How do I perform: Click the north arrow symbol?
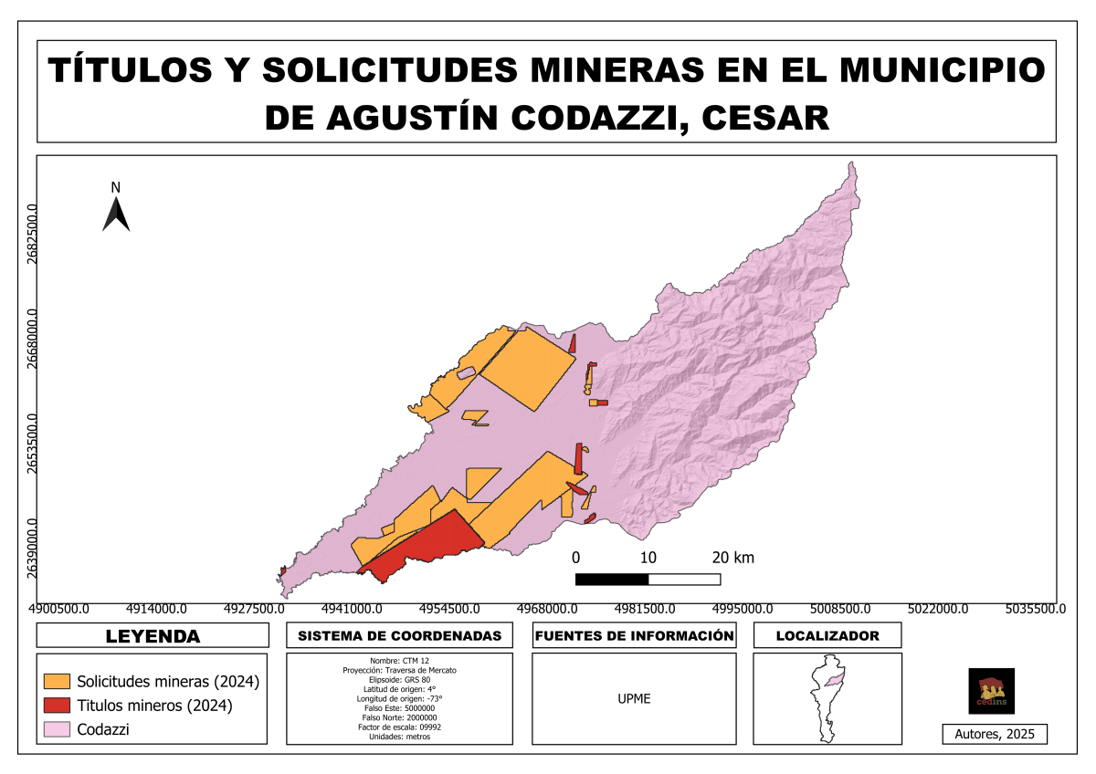coord(116,213)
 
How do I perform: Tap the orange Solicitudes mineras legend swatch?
coord(58,682)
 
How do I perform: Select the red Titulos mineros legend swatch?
coord(58,706)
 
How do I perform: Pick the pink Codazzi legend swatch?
coord(58,729)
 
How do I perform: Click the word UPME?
coord(634,699)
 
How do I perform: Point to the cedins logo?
coord(991,691)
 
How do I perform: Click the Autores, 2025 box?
coord(995,734)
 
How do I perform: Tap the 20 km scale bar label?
coord(732,558)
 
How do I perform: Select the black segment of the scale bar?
coord(612,579)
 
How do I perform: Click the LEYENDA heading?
coord(153,635)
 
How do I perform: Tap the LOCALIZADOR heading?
coord(827,635)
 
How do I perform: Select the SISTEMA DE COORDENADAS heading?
coord(400,635)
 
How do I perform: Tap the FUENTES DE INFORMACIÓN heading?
coord(634,635)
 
